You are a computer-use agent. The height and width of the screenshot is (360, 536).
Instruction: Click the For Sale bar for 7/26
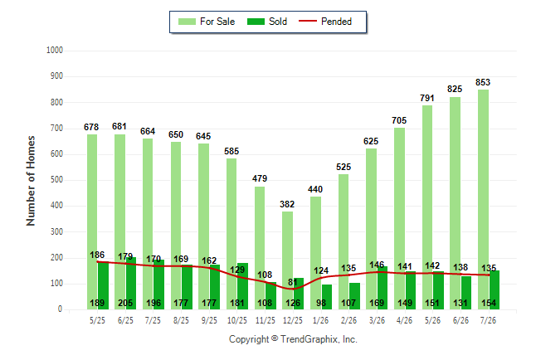(x=483, y=200)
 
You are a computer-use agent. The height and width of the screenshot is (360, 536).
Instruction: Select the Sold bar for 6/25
(x=130, y=284)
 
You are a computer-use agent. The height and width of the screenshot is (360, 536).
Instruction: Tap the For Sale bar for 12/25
(x=287, y=260)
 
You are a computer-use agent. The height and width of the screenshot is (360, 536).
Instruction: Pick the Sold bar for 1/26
(x=326, y=297)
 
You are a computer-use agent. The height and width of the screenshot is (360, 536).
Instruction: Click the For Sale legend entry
(x=207, y=22)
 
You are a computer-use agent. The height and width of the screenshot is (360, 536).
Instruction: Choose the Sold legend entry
(x=267, y=22)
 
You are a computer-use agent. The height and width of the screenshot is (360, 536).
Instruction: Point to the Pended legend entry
(x=325, y=22)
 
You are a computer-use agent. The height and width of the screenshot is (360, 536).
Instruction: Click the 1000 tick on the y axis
(x=55, y=51)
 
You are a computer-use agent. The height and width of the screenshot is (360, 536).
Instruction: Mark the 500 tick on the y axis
(x=56, y=180)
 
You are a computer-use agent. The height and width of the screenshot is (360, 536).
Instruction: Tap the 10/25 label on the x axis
(x=237, y=320)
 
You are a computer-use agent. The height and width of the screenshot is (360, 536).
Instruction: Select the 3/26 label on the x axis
(x=377, y=320)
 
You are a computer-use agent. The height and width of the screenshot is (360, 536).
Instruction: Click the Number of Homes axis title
(x=31, y=181)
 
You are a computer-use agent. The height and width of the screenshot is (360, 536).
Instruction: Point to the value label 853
(x=483, y=82)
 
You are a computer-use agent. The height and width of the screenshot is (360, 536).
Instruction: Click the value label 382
(x=287, y=204)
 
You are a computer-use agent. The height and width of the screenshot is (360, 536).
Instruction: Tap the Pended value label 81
(x=293, y=282)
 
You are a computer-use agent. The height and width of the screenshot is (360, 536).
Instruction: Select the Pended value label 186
(x=97, y=255)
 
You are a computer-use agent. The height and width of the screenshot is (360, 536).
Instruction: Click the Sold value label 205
(x=125, y=303)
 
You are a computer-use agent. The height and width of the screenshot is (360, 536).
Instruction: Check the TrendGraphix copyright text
(x=293, y=339)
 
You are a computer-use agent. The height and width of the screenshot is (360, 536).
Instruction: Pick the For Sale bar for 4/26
(x=399, y=219)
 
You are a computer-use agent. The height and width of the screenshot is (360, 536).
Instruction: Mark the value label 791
(x=427, y=98)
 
